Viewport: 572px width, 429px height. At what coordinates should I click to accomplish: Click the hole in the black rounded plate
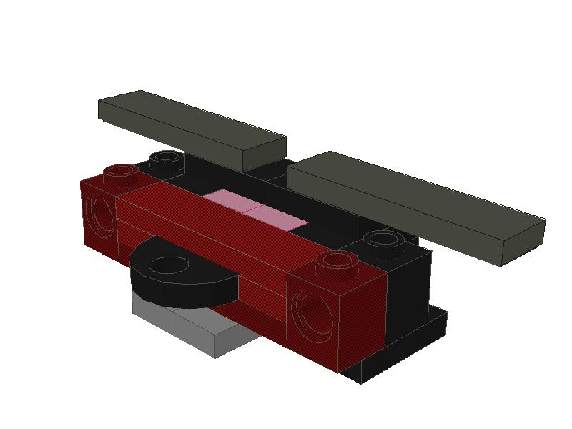[x=170, y=265]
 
